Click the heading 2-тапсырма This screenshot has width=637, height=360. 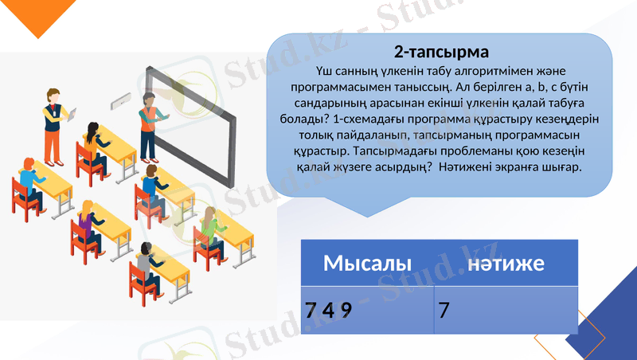440,53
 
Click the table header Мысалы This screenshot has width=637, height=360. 367,264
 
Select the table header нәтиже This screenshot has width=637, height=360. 506,264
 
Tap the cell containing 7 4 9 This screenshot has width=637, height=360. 328,309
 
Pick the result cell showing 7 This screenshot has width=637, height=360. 444,309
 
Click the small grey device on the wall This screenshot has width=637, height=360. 122,100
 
